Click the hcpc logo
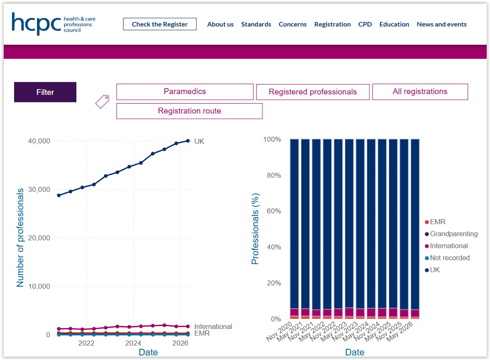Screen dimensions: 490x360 coord(53,24)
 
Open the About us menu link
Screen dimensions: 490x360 coord(220,24)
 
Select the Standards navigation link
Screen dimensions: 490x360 coord(256,24)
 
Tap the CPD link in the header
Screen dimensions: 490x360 coord(365,24)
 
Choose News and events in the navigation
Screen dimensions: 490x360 coord(441,24)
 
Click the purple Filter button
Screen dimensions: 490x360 coord(45,92)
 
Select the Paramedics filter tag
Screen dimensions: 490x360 coord(185,92)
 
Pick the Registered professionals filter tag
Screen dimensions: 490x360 coord(313,92)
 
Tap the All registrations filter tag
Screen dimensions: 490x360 coord(420,92)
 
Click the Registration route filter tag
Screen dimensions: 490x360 coord(189,111)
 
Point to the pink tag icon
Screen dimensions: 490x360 coord(102,101)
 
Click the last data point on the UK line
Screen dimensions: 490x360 coord(188,141)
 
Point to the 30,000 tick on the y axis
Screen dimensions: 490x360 coord(39,189)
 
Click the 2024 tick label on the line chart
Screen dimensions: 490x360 coord(133,343)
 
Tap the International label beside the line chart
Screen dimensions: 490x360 coord(213,326)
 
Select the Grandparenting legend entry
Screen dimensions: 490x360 coord(451,234)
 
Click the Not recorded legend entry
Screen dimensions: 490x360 coord(447,258)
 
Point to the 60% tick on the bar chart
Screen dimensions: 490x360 coord(274,211)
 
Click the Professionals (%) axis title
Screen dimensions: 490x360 coord(255,229)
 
